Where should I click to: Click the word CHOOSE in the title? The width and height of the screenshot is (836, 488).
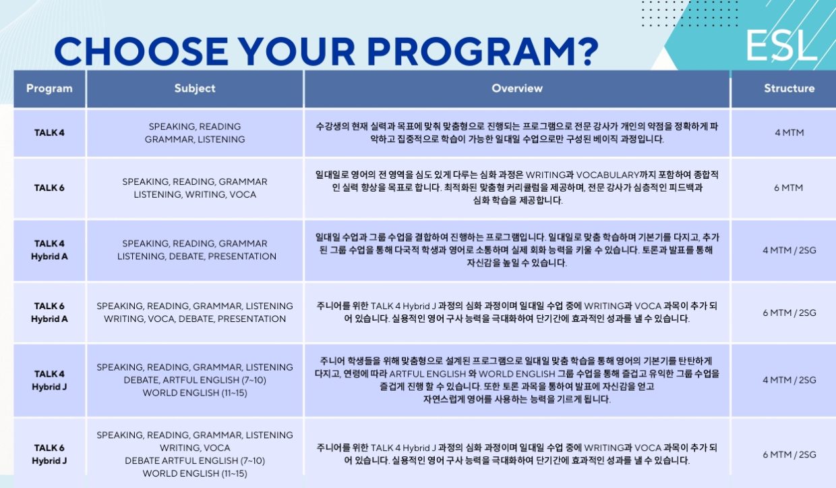coord(141,51)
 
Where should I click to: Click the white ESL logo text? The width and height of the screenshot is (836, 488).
coord(781,46)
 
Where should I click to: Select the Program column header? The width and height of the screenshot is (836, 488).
coord(49,88)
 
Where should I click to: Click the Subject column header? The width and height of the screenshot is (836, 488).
coord(195,88)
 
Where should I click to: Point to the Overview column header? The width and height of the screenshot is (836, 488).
coord(517,88)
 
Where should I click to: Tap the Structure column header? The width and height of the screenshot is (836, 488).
coord(789,88)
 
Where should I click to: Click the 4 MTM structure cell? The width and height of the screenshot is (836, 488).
coord(789,133)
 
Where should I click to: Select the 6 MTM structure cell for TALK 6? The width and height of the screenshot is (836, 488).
coord(788,188)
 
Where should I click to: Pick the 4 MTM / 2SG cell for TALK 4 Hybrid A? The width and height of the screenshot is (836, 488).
coord(789,250)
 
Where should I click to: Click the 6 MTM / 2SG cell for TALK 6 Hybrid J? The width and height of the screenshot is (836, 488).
coord(789,454)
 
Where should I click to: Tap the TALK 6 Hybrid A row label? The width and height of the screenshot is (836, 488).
coord(49,313)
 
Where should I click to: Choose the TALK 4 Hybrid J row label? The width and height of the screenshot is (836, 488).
coord(49,380)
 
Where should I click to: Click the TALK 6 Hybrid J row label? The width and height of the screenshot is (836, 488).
coord(49,454)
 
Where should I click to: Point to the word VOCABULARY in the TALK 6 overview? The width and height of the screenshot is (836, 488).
coord(608,175)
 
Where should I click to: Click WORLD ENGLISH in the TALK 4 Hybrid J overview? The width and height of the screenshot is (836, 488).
coord(517,374)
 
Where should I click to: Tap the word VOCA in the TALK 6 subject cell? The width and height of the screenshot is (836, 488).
coord(243,194)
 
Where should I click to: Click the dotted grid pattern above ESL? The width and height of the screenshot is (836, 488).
coord(689,13)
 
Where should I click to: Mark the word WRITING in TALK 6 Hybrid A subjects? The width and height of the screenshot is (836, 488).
coord(123,319)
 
